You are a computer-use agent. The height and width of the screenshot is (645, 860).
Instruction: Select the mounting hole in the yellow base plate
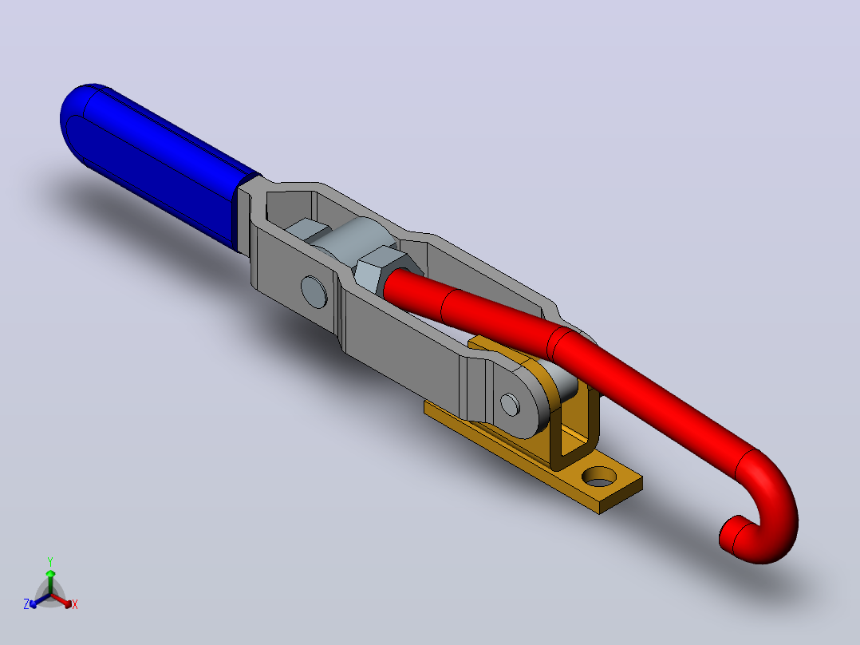click(599, 477)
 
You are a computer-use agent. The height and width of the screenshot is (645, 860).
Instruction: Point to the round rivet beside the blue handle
click(314, 291)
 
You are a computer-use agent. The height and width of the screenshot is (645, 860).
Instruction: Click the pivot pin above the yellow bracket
click(510, 405)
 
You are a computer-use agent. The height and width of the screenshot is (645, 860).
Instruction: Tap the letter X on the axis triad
click(75, 604)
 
